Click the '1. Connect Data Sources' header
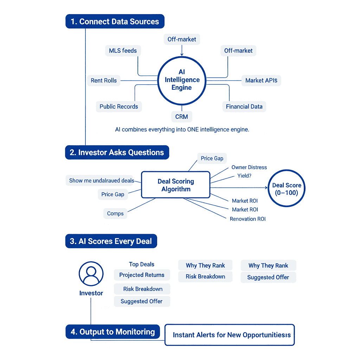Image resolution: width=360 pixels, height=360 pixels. click(115, 21)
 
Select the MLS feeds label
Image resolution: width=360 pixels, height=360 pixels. click(123, 51)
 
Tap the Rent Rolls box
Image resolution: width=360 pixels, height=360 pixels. click(104, 81)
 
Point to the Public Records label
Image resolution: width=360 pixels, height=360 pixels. click(119, 107)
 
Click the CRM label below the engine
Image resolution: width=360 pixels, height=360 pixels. click(181, 117)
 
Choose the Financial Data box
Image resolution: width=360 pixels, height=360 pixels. click(244, 107)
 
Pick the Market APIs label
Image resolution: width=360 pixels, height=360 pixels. click(261, 81)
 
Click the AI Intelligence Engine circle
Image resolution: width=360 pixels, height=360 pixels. click(182, 80)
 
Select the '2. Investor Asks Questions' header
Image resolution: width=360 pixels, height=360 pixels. click(117, 153)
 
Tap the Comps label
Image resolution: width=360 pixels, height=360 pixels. click(115, 213)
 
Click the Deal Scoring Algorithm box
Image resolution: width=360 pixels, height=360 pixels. click(175, 185)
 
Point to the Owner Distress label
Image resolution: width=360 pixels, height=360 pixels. click(249, 167)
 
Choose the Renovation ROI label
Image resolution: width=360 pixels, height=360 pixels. click(247, 219)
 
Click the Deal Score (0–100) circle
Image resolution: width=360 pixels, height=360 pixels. click(287, 189)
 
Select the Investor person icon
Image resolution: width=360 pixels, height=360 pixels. click(91, 274)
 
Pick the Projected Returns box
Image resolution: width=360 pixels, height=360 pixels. click(142, 275)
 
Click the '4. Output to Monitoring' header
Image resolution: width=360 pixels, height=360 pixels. click(112, 332)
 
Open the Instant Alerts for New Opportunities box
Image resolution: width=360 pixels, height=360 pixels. click(230, 335)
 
